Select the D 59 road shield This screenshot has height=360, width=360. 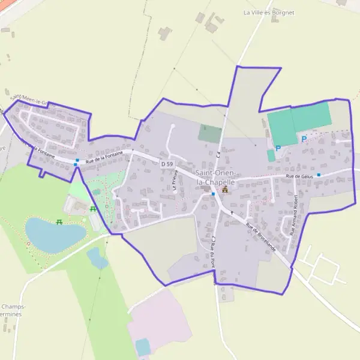click(167, 164)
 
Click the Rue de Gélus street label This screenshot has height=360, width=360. click(300, 176)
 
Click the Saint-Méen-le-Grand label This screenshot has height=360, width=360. click(33, 99)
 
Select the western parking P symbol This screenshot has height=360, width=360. click(278, 148)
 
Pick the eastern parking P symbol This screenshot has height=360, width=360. click(304, 139)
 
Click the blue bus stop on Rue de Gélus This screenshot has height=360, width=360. click(319, 175)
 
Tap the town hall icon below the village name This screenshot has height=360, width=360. click(225, 190)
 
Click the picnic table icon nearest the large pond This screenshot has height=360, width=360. click(60, 222)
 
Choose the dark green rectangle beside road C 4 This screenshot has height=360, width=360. click(210, 133)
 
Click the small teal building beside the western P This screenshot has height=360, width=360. click(271, 155)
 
